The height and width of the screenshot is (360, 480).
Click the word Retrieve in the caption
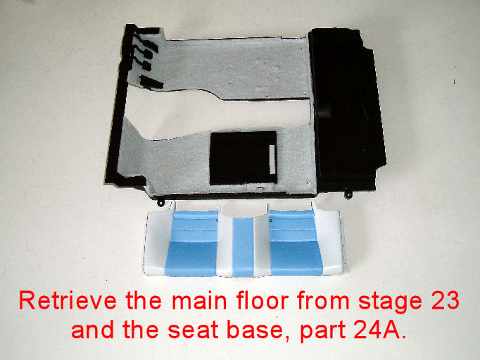pos(68,301)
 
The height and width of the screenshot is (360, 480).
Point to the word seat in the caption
pos(193,330)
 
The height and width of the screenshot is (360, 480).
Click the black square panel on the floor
pos(244,158)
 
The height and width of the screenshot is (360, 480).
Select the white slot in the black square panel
pos(272,159)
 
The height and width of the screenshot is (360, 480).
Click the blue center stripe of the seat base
pos(243,247)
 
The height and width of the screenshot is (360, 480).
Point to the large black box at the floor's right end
pos(348,110)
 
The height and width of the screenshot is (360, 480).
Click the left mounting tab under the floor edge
pos(160,202)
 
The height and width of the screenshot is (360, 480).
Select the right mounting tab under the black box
pos(348,195)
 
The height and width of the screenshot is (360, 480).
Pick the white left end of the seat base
pos(157,243)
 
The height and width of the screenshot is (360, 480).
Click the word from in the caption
pos(323,301)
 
